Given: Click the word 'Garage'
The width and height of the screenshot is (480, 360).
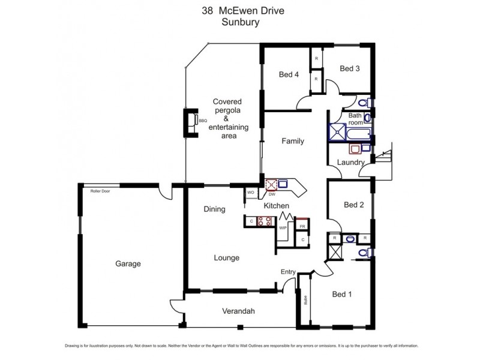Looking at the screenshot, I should pos(128,263).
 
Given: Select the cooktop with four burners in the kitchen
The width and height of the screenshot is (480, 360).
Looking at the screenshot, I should pos(265,221).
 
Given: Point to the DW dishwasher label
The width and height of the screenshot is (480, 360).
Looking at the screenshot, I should pos(272,194).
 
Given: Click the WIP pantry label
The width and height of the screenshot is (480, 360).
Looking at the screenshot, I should pos(283,227).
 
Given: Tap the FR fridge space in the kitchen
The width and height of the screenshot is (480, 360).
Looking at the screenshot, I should pos(303,226).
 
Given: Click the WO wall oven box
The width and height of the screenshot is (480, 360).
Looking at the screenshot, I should pos(251,193).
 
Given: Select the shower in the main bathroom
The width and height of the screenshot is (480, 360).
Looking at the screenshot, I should pos(337,132).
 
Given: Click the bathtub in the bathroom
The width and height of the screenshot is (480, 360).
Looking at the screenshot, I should pos(358,133).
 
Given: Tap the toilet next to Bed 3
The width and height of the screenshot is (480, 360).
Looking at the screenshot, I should pos(367,102).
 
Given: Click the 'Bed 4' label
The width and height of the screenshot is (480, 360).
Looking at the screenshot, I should pos(289,75).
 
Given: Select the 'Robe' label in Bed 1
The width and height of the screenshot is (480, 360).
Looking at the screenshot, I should pos(305,300).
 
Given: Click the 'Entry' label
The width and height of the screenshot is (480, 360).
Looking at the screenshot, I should pos(288,272).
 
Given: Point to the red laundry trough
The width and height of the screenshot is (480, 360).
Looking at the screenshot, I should pos(356,148).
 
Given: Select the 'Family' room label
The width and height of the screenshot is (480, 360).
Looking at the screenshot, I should pos(293,142).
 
